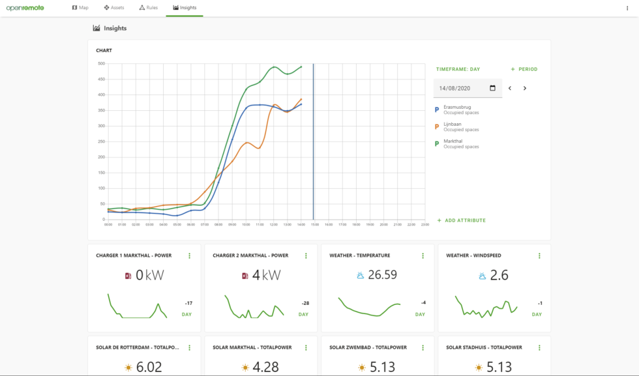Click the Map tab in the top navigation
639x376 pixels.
click(x=80, y=8)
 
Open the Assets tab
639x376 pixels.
click(x=114, y=8)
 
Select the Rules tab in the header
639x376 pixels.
click(x=149, y=8)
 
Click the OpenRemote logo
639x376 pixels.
click(x=25, y=8)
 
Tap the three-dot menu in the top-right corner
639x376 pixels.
click(x=627, y=8)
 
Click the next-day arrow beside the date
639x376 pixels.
click(x=525, y=88)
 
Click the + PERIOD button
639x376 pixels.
click(x=524, y=69)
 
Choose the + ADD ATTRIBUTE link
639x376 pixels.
click(x=462, y=221)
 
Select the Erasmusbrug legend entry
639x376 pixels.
click(x=456, y=109)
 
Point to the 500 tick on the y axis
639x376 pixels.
click(x=101, y=64)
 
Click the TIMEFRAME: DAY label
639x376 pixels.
click(x=458, y=69)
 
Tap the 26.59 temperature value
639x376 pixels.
click(x=381, y=275)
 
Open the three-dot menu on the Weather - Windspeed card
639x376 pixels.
click(x=539, y=256)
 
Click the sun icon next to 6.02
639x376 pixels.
click(x=128, y=368)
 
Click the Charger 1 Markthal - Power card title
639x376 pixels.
click(x=134, y=256)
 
